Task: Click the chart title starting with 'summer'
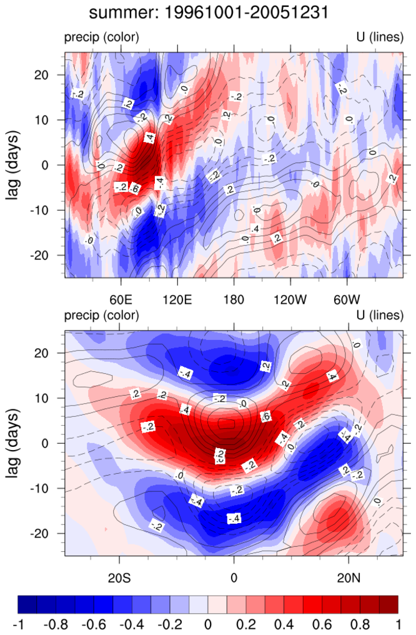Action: [207, 12]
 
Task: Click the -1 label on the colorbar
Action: [18, 624]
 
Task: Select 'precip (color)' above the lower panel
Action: [101, 317]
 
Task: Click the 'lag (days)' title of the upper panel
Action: [14, 165]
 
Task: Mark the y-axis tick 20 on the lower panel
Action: [51, 353]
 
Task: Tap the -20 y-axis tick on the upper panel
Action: [49, 256]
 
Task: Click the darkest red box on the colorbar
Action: [388, 604]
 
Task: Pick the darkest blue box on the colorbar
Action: [27, 604]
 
